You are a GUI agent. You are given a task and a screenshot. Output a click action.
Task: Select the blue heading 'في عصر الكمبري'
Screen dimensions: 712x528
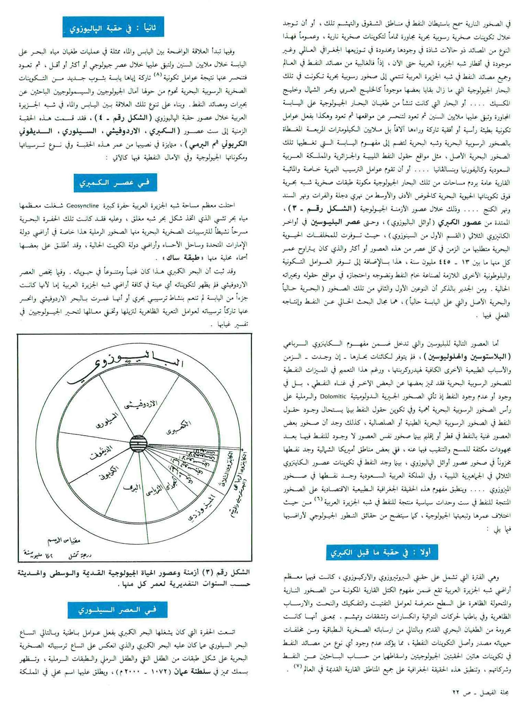115,183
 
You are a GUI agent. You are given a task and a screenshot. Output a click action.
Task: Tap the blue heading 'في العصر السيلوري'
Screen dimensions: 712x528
117,610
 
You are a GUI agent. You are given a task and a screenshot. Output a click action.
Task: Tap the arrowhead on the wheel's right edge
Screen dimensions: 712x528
244,450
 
